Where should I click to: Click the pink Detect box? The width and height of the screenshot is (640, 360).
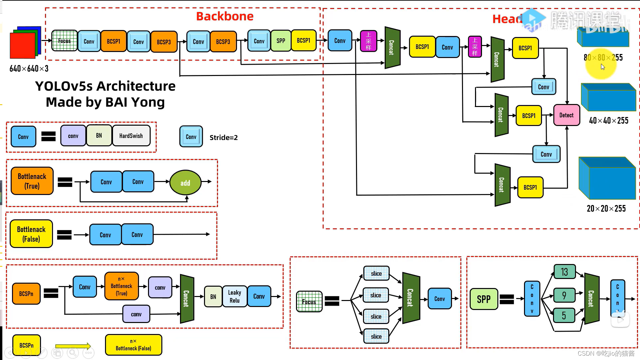click(566, 115)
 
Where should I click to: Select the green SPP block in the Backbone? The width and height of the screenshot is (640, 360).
click(281, 41)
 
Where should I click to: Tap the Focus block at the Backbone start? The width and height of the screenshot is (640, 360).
click(64, 41)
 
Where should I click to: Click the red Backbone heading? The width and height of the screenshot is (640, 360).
click(225, 16)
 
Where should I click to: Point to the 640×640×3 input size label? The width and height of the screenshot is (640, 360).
click(29, 69)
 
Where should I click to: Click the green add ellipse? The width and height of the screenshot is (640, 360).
click(185, 183)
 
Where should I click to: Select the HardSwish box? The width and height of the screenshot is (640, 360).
click(131, 136)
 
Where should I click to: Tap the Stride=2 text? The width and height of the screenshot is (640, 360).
click(223, 138)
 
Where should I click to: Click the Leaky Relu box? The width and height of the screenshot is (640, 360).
click(234, 296)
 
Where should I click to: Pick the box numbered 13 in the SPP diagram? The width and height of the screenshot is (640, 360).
click(564, 272)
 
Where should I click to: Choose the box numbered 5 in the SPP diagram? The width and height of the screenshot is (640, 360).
click(564, 315)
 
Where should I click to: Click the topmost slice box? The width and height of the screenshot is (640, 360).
click(376, 274)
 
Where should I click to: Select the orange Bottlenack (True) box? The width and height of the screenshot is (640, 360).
click(32, 181)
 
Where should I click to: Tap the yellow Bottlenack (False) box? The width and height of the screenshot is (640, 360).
click(31, 234)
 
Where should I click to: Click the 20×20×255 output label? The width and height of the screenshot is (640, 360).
click(606, 209)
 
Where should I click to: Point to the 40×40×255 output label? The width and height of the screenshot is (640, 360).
click(608, 121)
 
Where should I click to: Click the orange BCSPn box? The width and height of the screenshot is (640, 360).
click(26, 294)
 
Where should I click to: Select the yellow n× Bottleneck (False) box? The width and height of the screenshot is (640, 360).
click(133, 345)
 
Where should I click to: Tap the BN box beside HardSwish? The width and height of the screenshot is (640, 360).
click(99, 136)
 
